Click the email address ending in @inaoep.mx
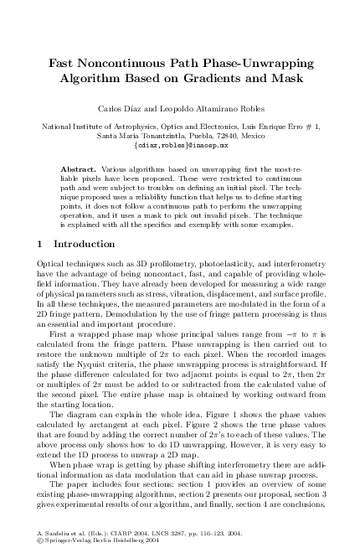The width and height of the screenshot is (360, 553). click(x=181, y=145)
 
